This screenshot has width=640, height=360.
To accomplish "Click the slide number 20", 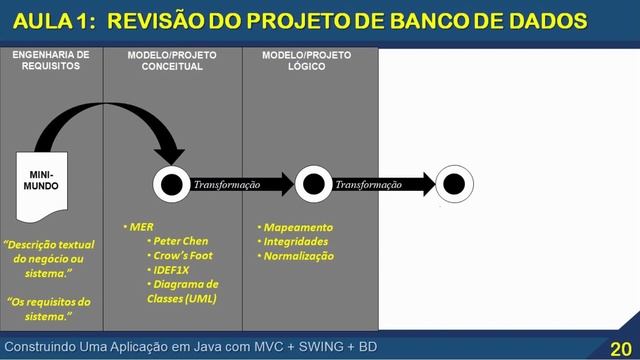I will pyautogui.click(x=619, y=347).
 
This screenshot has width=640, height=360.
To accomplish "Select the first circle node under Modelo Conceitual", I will pyautogui.click(x=171, y=184).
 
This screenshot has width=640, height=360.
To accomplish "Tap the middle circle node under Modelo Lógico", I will pyautogui.click(x=313, y=184).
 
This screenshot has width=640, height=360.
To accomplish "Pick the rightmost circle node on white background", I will pyautogui.click(x=454, y=184).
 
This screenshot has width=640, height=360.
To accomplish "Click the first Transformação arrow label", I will pyautogui.click(x=226, y=185).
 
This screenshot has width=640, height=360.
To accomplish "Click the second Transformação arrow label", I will pyautogui.click(x=368, y=185).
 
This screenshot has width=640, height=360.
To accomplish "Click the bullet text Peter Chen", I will pyautogui.click(x=180, y=241).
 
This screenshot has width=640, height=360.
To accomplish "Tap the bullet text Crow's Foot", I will pyautogui.click(x=182, y=255).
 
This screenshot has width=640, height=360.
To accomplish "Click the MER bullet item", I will pyautogui.click(x=140, y=227).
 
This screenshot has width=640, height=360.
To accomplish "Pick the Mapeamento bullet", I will pyautogui.click(x=298, y=227).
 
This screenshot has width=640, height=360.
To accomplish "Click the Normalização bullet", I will pyautogui.click(x=302, y=256).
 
